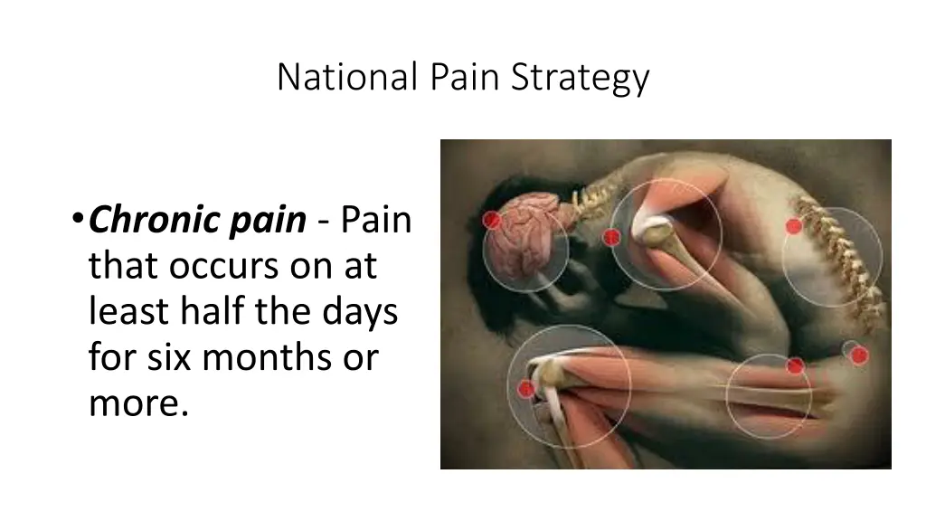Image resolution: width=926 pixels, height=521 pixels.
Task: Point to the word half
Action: tap(212, 312)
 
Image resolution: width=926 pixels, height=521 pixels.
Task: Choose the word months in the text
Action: tap(261, 358)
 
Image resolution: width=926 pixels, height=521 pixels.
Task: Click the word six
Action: tap(168, 358)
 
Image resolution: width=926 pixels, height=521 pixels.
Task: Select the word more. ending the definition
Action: tap(138, 404)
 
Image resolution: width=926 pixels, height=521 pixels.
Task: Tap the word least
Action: tap(126, 312)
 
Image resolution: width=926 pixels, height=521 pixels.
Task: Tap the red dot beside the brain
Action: tap(493, 220)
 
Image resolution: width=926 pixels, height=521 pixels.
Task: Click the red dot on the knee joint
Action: tap(525, 389)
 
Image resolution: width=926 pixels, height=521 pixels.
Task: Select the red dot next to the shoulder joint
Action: tap(611, 237)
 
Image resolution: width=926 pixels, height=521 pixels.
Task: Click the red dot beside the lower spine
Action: tap(793, 226)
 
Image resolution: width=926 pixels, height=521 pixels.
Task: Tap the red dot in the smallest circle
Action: tap(857, 355)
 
